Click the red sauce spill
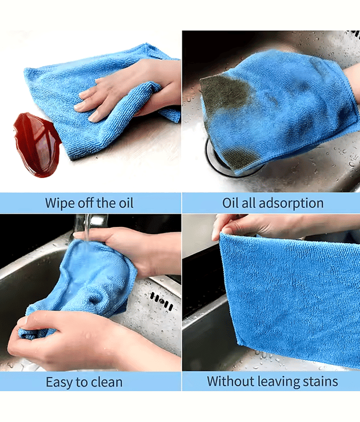tap(37, 144)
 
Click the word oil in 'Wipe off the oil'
tap(126, 203)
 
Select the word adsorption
tap(291, 204)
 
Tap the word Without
tap(231, 381)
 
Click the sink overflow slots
tap(162, 300)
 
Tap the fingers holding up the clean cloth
tap(242, 227)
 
